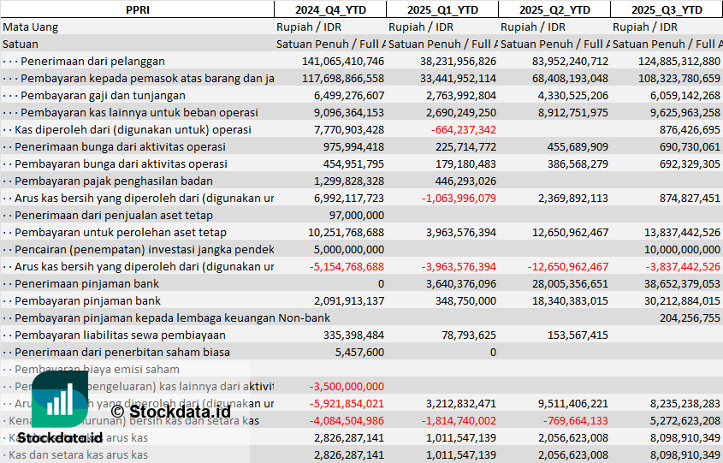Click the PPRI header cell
137,9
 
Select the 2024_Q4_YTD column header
329,9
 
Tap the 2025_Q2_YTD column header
554,9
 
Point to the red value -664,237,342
458,129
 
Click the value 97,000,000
356,215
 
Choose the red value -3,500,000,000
346,386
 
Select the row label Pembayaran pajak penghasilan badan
114,181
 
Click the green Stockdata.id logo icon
60,401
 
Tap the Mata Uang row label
31,27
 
